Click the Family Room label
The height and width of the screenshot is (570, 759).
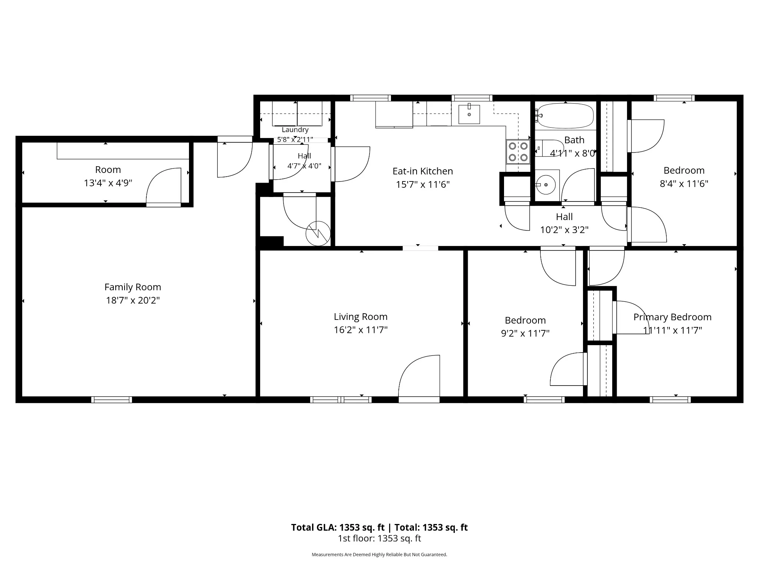tap(133, 287)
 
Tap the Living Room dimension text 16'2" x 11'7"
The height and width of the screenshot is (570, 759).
tap(361, 330)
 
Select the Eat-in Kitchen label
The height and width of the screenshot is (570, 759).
tap(423, 171)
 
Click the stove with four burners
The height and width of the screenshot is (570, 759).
tap(518, 152)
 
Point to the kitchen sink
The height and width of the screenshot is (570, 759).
tap(469, 114)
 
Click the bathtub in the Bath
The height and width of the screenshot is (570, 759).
tap(565, 115)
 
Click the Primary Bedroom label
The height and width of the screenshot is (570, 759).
tap(672, 317)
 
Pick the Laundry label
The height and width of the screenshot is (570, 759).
tap(295, 130)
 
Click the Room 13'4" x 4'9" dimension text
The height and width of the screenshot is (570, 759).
tap(108, 183)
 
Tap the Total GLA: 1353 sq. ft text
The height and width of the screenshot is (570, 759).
tap(338, 527)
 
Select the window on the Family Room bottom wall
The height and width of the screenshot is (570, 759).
tap(112, 400)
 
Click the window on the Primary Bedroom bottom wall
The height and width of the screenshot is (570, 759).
tap(670, 400)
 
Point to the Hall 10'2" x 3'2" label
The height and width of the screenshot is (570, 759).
tap(564, 223)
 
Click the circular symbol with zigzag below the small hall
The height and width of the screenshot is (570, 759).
tap(318, 233)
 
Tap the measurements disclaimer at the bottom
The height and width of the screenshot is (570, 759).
tap(379, 554)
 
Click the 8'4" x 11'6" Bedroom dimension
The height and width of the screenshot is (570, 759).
tap(684, 184)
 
